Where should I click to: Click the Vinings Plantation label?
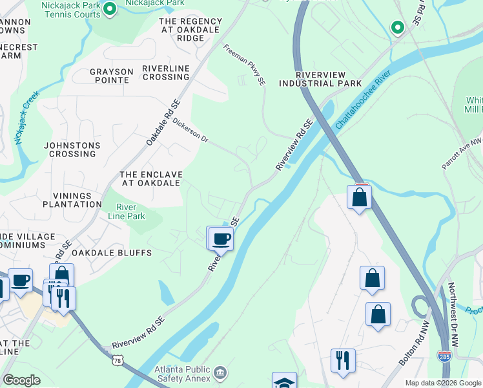pyautogui.click(x=63, y=200)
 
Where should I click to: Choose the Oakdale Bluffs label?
pyautogui.click(x=112, y=253)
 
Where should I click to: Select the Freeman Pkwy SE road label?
pyautogui.click(x=245, y=65)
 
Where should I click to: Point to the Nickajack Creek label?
pyautogui.click(x=26, y=117)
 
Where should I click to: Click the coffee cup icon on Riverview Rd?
pyautogui.click(x=221, y=238)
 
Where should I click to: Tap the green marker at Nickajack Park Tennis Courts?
pyautogui.click(x=109, y=8)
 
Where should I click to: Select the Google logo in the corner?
pyautogui.click(x=22, y=380)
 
